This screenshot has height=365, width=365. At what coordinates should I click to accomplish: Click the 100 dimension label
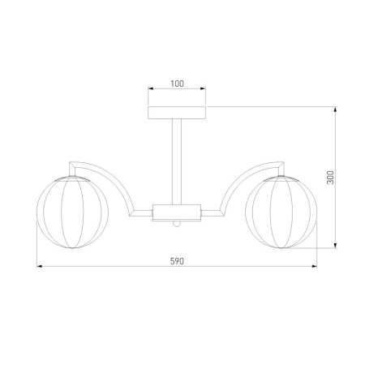click(177, 84)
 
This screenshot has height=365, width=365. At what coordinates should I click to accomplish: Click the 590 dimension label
click(177, 261)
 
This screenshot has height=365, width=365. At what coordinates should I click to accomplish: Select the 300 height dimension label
click(330, 178)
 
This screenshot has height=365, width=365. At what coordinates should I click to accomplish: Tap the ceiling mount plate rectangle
click(177, 113)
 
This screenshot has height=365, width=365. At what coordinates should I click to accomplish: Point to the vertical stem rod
click(177, 161)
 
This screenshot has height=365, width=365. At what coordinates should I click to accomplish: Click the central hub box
click(177, 213)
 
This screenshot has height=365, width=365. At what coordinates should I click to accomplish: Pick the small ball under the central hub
click(177, 224)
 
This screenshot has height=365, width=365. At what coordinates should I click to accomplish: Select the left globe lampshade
click(72, 212)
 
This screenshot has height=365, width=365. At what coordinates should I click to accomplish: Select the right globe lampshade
click(281, 212)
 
